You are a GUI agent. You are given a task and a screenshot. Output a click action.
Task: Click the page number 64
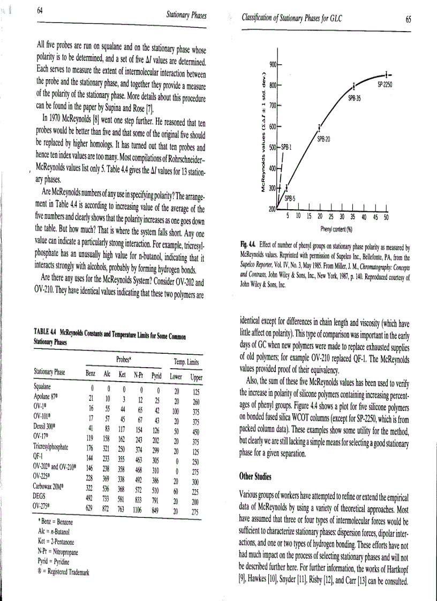point(40,11)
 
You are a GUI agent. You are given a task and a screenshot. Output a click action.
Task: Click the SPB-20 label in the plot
point(323,139)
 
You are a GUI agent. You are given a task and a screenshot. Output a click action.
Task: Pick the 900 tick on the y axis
point(272,64)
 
